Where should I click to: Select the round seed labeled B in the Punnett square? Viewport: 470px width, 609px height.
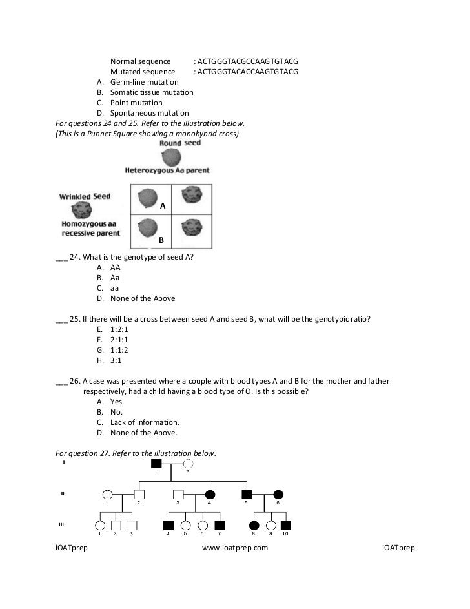[148, 227]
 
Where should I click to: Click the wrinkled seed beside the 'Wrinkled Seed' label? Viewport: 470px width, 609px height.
[83, 209]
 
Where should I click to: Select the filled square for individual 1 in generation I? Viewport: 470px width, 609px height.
[156, 464]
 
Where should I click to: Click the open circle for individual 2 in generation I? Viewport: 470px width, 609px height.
[188, 464]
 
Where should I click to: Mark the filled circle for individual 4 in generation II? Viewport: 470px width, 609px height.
[210, 495]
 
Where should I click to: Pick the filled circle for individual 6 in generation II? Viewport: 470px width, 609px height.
[278, 495]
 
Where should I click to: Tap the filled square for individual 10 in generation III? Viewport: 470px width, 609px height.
[287, 526]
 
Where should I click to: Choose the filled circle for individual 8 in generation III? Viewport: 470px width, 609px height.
[254, 526]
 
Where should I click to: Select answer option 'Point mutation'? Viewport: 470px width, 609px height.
[136, 103]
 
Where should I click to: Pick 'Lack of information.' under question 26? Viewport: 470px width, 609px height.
[145, 422]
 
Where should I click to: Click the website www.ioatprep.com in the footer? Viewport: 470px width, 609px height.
[235, 548]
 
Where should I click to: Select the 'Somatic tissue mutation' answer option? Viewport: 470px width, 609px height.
[152, 92]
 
